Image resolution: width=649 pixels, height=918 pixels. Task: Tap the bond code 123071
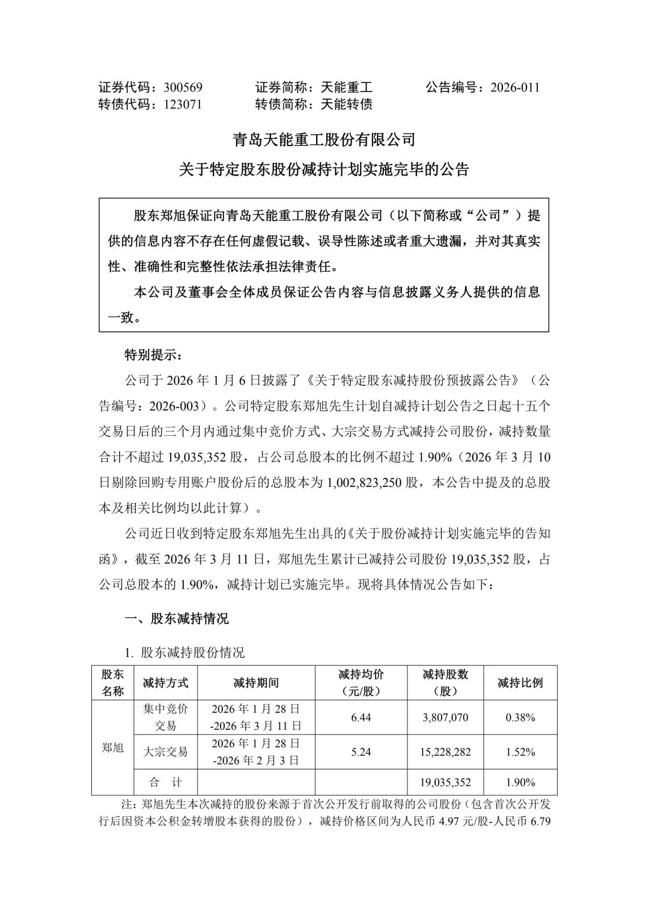coord(183,104)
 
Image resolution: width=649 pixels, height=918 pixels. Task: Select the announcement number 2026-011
coord(515,88)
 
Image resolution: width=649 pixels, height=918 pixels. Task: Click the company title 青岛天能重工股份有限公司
coord(324,140)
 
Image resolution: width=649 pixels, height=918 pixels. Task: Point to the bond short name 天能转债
coord(347,104)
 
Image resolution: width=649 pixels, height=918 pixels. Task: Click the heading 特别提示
coord(152,355)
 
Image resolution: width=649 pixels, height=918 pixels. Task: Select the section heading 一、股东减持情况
coord(176,619)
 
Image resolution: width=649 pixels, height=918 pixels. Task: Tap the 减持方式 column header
coord(165,683)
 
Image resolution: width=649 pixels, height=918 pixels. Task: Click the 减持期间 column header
coord(256,683)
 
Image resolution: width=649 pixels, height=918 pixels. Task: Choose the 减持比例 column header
coord(520,683)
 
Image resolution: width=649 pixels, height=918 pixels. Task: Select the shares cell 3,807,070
coord(445,717)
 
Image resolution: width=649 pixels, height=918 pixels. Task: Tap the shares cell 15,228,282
coord(445,751)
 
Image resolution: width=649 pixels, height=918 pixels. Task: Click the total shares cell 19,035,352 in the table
coord(445,782)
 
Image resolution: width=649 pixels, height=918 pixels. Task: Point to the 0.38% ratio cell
coord(520,717)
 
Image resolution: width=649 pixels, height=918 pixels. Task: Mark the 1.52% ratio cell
coord(520,751)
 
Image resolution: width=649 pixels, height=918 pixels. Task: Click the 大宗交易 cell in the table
coord(165,751)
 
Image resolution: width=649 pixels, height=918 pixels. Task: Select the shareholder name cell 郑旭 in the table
coord(112,748)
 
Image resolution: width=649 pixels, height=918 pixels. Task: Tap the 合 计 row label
coord(165,782)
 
